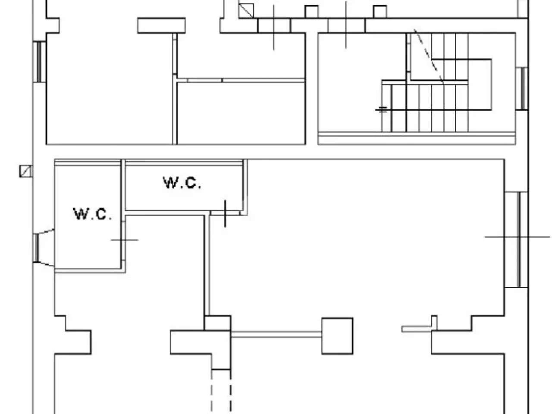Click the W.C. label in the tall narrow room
(x=92, y=214)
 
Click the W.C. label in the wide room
(x=182, y=183)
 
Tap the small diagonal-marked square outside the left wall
(x=26, y=171)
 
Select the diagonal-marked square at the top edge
(x=246, y=11)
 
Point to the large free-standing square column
(x=337, y=336)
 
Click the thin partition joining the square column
(x=276, y=334)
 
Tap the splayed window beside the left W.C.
(x=43, y=248)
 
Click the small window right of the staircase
(x=522, y=88)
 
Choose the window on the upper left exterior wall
(x=40, y=62)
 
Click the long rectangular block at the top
(x=161, y=25)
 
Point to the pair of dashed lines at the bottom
(x=221, y=394)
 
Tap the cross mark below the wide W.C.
(x=225, y=213)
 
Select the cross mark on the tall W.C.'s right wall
(x=124, y=240)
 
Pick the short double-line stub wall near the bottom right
(x=417, y=329)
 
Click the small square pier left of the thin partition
(x=217, y=323)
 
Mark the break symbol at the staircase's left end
(x=382, y=110)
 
